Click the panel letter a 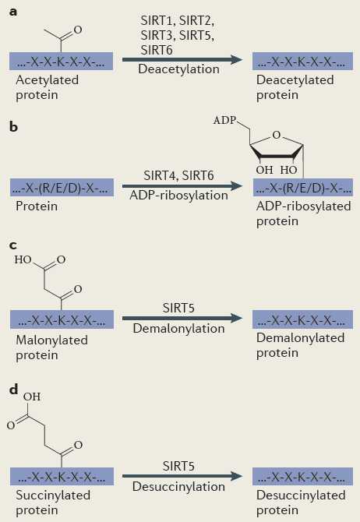coord(13,12)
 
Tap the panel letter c coord(13,245)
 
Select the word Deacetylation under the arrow coord(179,69)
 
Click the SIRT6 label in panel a coord(157,50)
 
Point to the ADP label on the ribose coord(224,120)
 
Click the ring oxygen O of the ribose coord(277,135)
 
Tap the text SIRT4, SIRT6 coord(179,175)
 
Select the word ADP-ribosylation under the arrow coord(179,195)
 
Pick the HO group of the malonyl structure coord(23,259)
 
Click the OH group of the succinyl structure coord(32,397)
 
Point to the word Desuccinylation coord(179,486)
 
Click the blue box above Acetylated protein coord(62,61)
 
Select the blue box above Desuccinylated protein coord(302,476)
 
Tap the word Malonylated coord(52,340)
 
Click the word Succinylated coord(53,495)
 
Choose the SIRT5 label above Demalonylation coord(178,308)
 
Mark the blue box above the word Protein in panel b coord(62,188)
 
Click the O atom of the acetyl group coord(78,30)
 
